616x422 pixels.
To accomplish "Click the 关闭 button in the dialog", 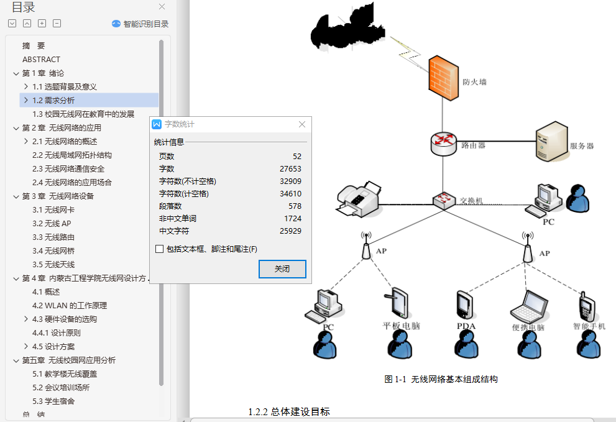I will click(x=282, y=269).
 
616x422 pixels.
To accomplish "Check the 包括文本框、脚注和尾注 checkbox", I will click(x=160, y=249).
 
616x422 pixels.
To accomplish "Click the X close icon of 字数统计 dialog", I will click(x=302, y=124).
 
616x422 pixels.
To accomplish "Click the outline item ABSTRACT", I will click(x=41, y=59).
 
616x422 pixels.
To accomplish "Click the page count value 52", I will click(x=297, y=157).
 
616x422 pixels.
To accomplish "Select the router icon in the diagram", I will click(x=443, y=144).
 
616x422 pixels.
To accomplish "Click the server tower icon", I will click(x=551, y=142).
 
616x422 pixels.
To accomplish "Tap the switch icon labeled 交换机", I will click(x=444, y=200).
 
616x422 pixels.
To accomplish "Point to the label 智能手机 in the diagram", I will click(x=589, y=326).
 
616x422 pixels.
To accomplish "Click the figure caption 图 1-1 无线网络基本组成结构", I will click(x=441, y=379).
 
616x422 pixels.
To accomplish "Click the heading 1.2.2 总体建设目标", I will click(x=289, y=411).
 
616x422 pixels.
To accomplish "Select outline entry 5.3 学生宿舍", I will click(x=53, y=401).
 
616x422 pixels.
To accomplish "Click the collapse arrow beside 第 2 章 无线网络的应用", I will click(x=16, y=128).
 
